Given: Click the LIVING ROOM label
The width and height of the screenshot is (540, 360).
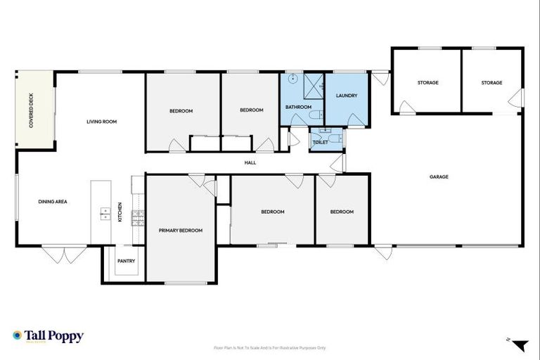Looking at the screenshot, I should (101, 122).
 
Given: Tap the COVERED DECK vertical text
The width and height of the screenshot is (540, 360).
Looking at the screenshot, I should (31, 110).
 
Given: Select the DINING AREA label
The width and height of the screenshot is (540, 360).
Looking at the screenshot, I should (53, 202).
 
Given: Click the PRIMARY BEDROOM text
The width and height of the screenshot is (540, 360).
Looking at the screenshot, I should (181, 231).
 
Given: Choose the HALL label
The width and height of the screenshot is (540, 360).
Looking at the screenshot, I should (250, 163).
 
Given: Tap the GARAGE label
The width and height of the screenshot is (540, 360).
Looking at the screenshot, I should (439, 177).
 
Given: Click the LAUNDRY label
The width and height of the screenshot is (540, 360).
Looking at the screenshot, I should (347, 96).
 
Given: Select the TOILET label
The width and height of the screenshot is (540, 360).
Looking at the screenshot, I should (320, 142).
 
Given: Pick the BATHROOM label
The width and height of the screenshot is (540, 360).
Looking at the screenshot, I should (298, 107).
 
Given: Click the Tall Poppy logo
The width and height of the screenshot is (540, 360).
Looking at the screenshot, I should (48, 336).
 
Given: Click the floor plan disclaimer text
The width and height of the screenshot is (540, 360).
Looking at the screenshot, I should (270, 347).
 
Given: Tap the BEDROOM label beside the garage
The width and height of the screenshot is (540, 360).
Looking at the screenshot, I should (342, 212).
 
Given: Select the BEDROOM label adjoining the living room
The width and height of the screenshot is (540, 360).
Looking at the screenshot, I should (181, 111).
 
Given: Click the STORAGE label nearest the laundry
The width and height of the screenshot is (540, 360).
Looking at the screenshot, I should (427, 83).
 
